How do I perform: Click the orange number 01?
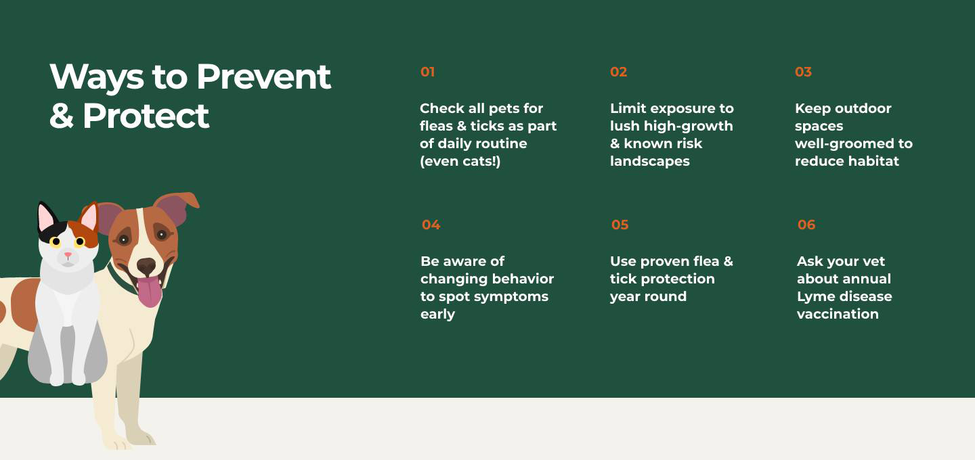point(427,72)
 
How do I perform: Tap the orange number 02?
point(619,72)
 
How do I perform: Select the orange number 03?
point(804,72)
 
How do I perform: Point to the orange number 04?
point(431,225)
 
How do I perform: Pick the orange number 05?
point(620,225)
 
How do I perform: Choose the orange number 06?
point(806,225)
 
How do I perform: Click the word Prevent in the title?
point(264,77)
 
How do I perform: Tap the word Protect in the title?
point(146,116)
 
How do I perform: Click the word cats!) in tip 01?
point(481,161)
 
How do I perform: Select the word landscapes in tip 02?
point(650,161)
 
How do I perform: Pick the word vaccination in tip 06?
point(838,314)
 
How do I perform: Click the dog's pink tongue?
point(150,292)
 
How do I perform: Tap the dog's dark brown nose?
point(146,265)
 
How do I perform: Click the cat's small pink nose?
point(68,254)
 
